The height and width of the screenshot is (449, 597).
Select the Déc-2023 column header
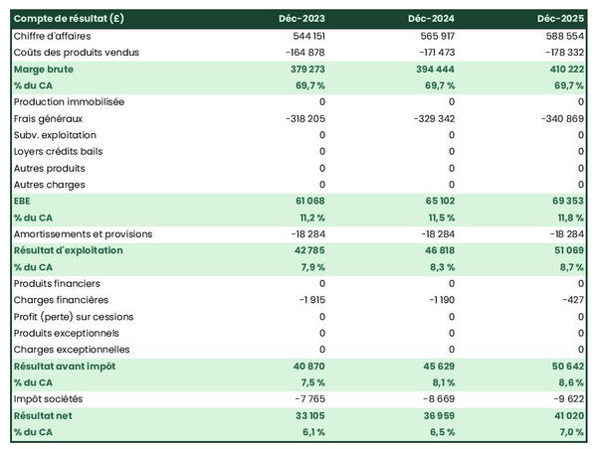click(302, 19)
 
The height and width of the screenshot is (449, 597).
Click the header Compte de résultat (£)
click(69, 19)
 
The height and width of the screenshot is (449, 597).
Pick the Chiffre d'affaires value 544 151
click(304, 36)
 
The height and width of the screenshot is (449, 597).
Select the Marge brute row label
click(43, 69)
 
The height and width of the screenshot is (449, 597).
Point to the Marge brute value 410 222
click(563, 69)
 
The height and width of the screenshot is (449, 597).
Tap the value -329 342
click(432, 118)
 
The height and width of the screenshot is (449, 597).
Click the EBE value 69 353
click(566, 201)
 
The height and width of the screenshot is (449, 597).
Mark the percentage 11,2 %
click(309, 218)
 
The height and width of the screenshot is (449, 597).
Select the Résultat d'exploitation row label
click(68, 250)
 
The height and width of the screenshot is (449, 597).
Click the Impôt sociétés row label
click(49, 399)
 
